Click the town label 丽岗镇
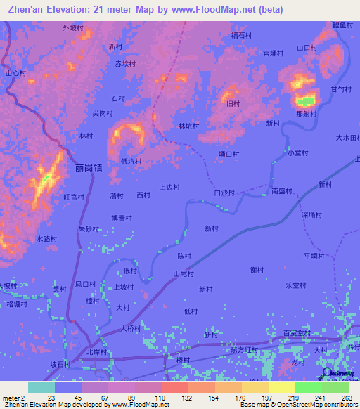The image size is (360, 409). pyautogui.click(x=89, y=169)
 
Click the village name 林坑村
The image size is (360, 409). pyautogui.click(x=188, y=126)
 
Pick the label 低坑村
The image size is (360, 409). pyautogui.click(x=131, y=161)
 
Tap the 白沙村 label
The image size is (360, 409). pyautogui.click(x=224, y=192)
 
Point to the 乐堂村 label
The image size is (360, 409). pyautogui.click(x=296, y=285)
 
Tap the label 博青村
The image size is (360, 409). pyautogui.click(x=121, y=219)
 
